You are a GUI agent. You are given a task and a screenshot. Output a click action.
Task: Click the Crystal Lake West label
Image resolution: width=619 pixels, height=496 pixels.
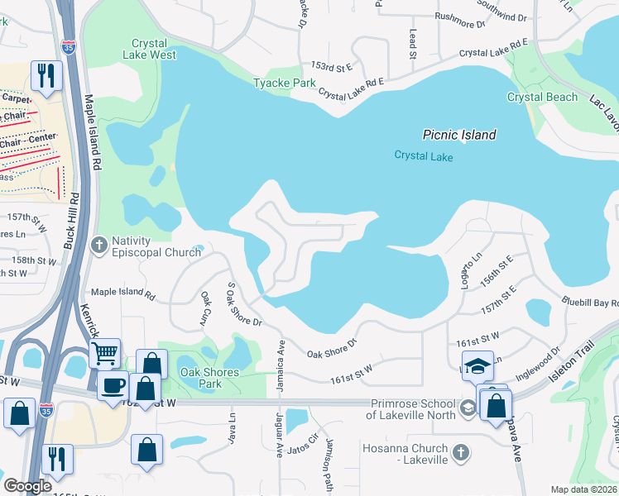[x=153, y=49]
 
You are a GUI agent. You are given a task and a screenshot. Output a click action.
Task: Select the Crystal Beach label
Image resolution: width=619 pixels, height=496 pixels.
[x=542, y=97]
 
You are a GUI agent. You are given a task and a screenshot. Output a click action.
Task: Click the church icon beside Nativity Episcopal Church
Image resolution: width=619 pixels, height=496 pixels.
[x=99, y=244]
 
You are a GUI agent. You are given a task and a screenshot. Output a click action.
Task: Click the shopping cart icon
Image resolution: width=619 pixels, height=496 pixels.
[x=104, y=353]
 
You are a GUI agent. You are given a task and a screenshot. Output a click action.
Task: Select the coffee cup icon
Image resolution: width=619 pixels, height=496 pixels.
[x=112, y=384]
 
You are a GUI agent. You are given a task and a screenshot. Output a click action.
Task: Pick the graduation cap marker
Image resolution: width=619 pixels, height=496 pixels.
[x=478, y=365]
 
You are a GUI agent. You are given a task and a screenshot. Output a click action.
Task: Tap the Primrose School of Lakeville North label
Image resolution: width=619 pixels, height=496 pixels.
[x=411, y=409]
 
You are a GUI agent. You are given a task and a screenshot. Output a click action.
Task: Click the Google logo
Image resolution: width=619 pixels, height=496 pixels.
[x=27, y=486]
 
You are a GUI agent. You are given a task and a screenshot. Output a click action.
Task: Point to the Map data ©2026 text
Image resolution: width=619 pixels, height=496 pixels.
[x=583, y=489]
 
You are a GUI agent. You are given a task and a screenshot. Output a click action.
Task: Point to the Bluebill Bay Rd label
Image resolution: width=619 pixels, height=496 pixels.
[x=588, y=303]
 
